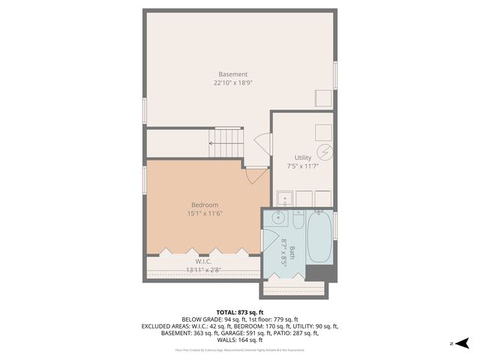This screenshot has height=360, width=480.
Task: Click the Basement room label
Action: click(x=232, y=73)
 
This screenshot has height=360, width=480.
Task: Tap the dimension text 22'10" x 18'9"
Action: click(x=232, y=82)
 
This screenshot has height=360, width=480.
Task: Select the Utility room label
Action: click(x=303, y=157)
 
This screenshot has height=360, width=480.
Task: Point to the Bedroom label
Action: click(x=204, y=205)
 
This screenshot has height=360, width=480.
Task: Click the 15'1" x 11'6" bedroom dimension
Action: click(x=204, y=213)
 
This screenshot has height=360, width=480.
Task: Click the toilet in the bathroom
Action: click(x=297, y=223)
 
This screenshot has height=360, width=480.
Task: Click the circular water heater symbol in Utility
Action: click(x=323, y=150)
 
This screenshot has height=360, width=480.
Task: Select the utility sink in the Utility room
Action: click(x=284, y=199)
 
